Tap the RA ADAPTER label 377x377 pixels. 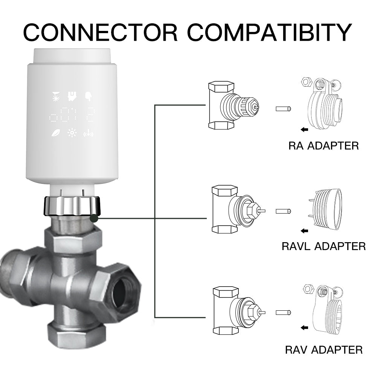coord(324,146)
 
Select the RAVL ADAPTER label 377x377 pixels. coord(324,246)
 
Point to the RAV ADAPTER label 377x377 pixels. coord(324,350)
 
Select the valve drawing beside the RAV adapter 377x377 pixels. coord(236,311)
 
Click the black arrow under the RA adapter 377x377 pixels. coord(304,130)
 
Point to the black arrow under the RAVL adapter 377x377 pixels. coord(304,230)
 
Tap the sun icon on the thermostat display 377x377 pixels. coord(72,133)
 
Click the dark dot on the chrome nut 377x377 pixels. coord(94,217)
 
